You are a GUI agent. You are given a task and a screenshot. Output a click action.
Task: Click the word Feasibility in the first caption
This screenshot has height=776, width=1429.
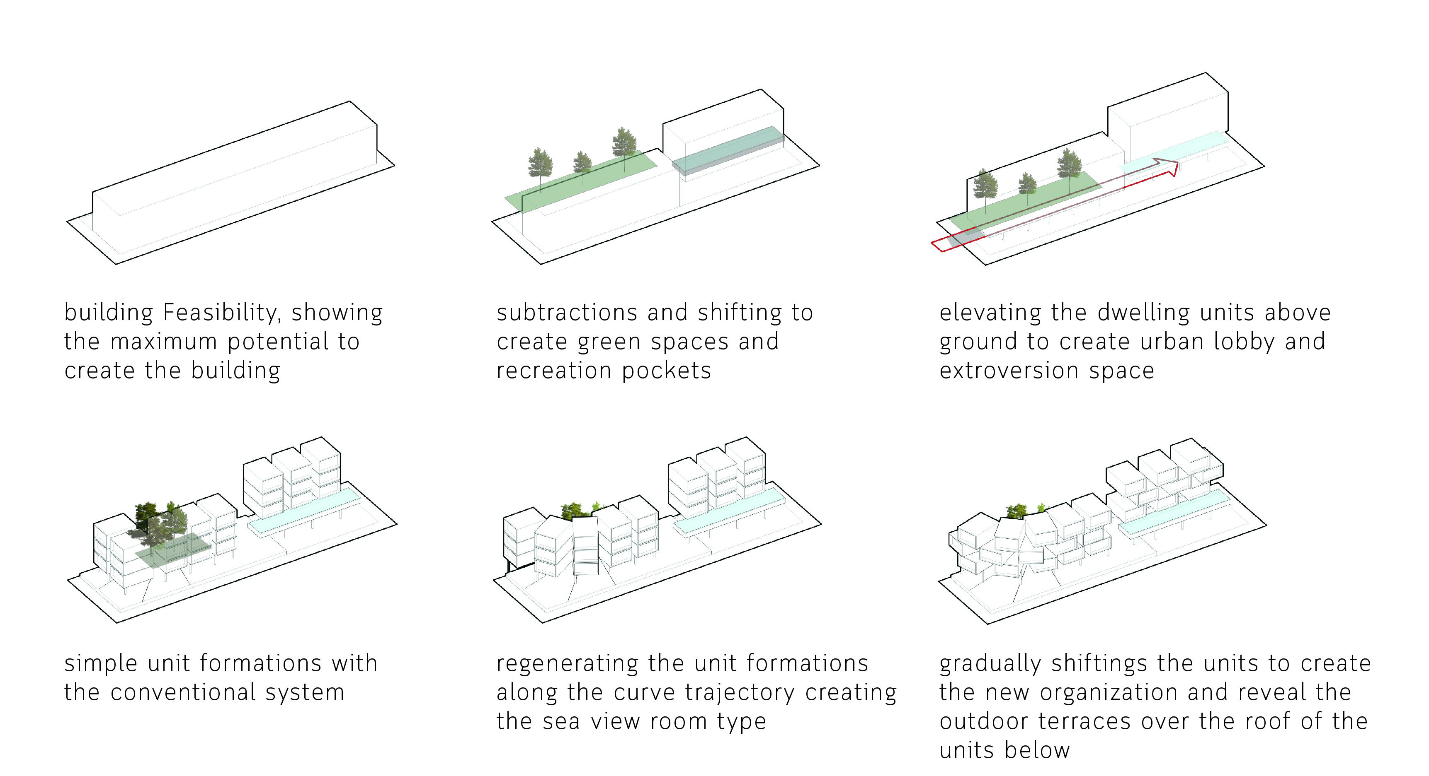coord(222,313)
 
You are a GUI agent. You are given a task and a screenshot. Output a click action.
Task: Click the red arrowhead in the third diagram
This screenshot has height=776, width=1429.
coord(1167,167)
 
